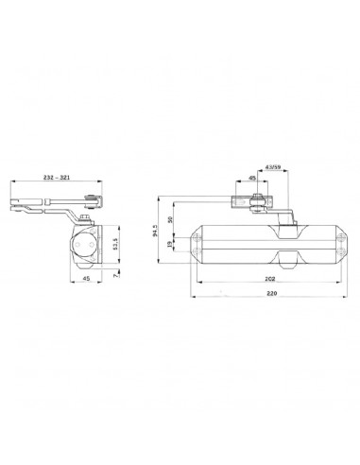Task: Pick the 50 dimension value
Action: pos(170,219)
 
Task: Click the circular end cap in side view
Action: pos(83,242)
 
